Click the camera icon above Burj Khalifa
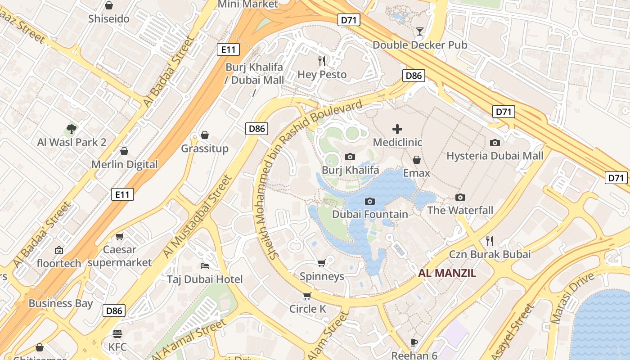tap(350, 157)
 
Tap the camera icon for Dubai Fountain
tap(370, 201)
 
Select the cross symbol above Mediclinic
tap(397, 129)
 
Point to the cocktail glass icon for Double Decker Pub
tap(420, 31)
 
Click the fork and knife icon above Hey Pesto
tap(322, 61)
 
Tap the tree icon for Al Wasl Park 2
tap(71, 129)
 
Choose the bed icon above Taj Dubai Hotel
tap(205, 265)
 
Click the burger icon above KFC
tap(117, 333)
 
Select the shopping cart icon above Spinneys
tap(321, 263)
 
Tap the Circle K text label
tap(307, 309)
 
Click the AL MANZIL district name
tap(447, 273)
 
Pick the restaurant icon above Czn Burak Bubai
tap(490, 241)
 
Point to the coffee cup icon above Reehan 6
tap(414, 342)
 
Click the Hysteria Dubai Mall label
tap(495, 156)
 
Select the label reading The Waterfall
tap(460, 210)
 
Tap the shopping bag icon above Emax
tap(417, 160)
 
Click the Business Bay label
tap(60, 303)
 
